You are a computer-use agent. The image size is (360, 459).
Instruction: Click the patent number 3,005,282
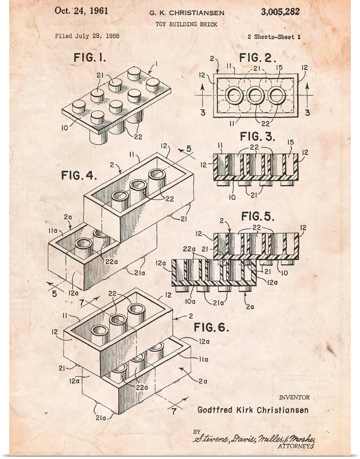point(280,12)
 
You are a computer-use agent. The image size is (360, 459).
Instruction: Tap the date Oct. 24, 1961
point(81,11)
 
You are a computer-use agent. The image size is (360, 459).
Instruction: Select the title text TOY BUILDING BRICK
point(186,24)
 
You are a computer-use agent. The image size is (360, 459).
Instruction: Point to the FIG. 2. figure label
point(258,57)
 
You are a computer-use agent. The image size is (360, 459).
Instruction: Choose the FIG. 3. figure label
point(258,136)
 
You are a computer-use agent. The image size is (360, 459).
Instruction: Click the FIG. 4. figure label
point(79,175)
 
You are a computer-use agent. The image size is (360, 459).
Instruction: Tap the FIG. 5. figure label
point(258,216)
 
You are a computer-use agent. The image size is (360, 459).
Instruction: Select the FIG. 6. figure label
point(211,327)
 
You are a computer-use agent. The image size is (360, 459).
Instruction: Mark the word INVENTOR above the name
point(294,397)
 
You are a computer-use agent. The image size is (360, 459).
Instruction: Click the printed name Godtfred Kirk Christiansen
point(253,410)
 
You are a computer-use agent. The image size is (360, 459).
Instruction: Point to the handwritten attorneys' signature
point(254,439)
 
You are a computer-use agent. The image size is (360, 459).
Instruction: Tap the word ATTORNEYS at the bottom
point(296,447)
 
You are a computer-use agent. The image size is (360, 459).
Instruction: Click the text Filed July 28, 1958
point(87,36)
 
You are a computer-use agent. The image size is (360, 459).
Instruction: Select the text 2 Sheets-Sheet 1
point(274,37)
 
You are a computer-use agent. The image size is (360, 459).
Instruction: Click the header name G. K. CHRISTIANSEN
point(187,13)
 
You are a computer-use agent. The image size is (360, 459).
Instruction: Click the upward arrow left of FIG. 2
point(202,95)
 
